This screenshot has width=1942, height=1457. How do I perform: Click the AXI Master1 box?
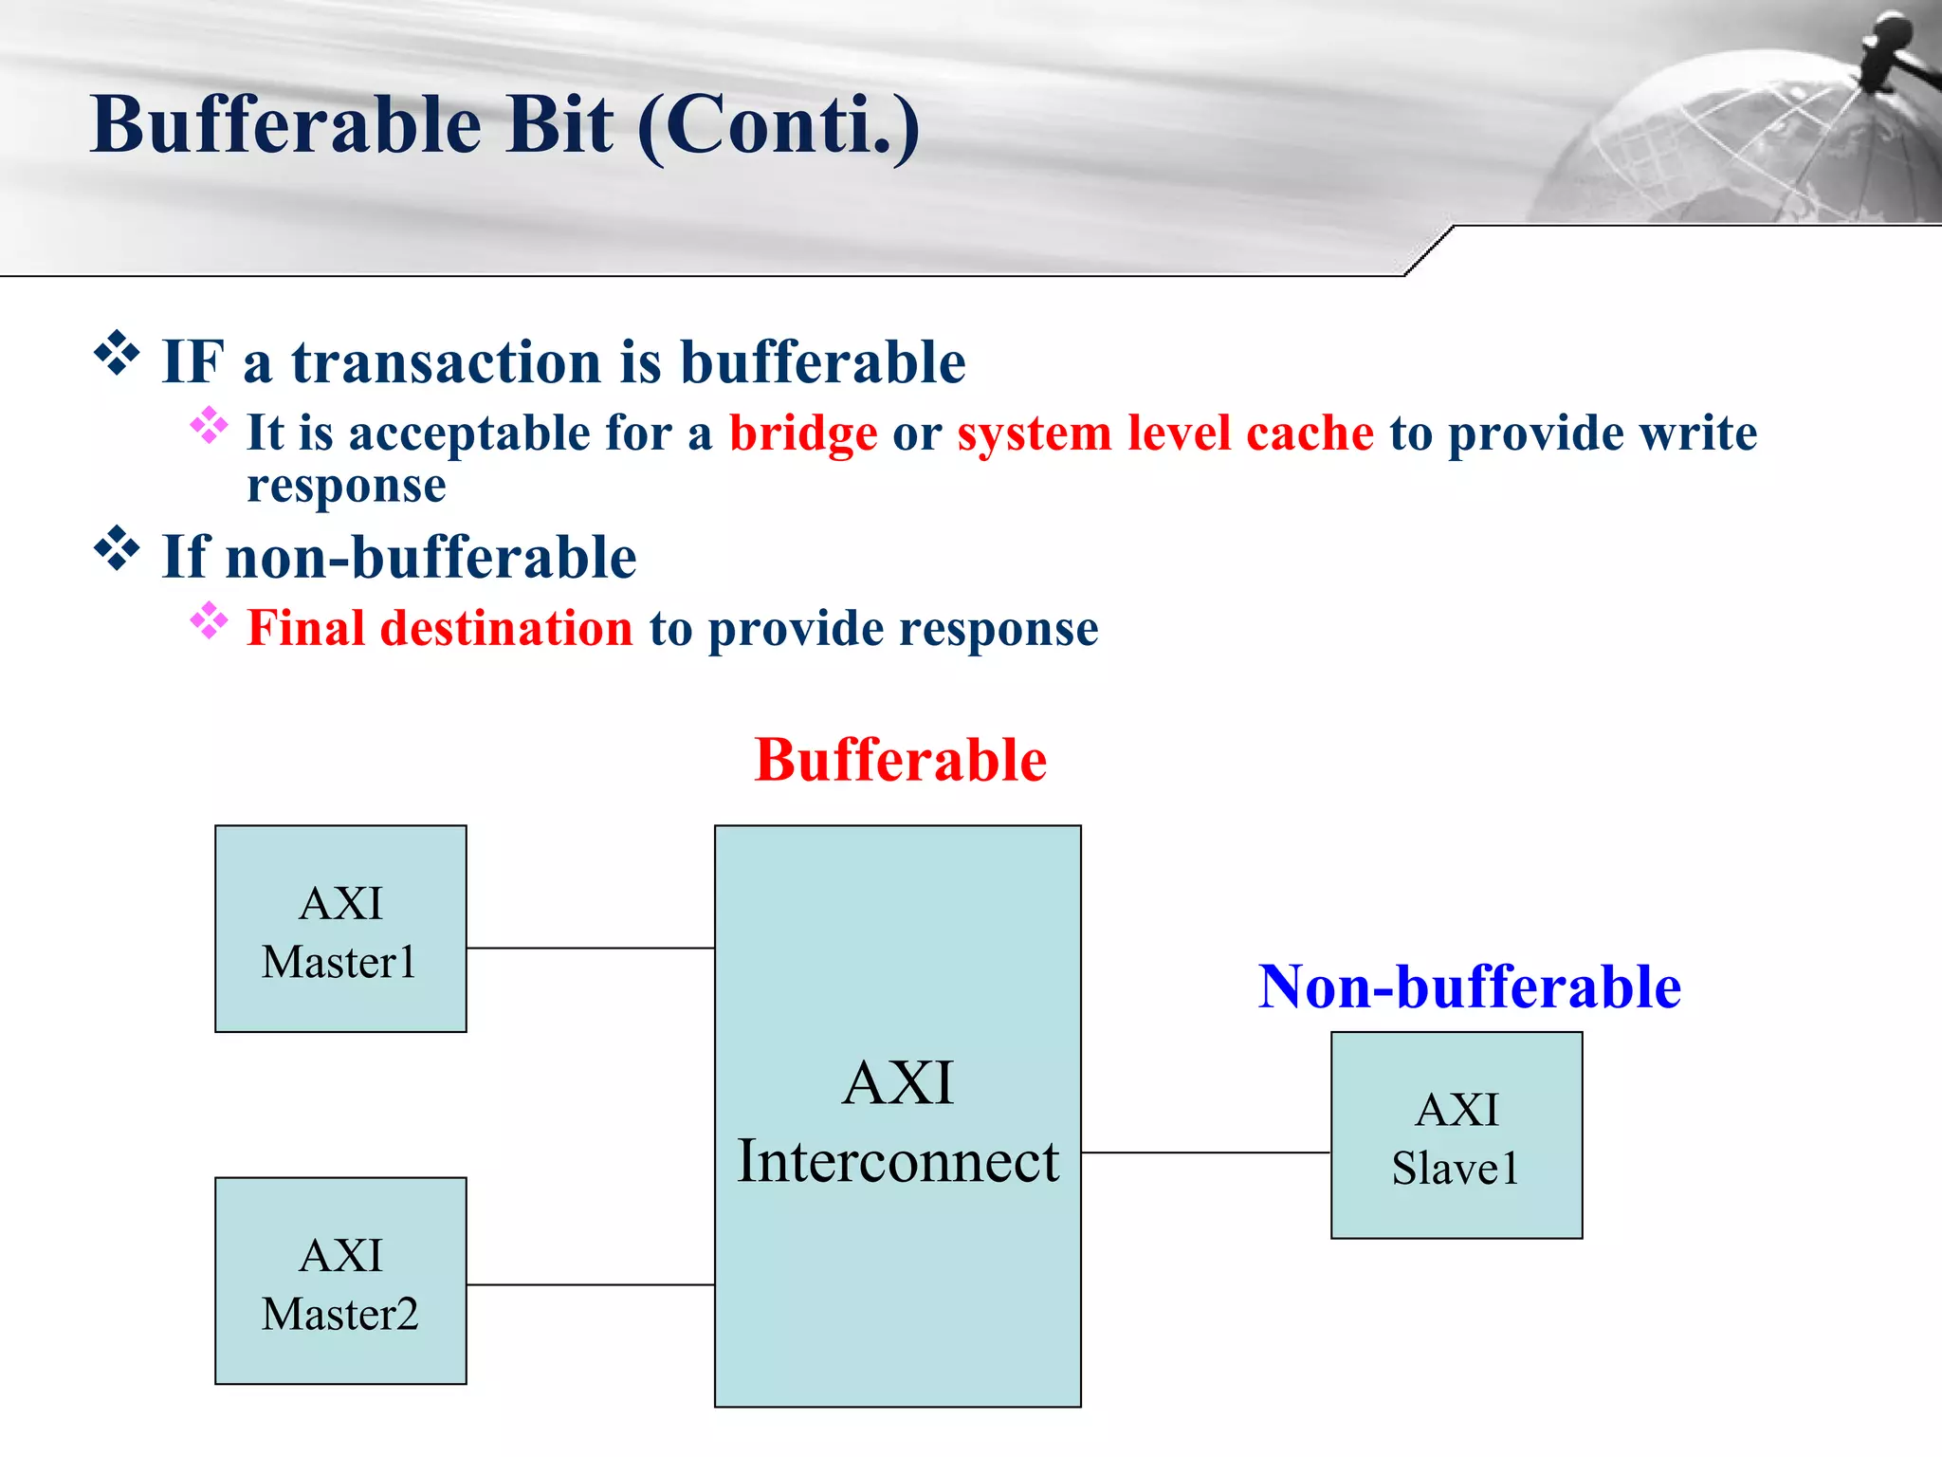[340, 929]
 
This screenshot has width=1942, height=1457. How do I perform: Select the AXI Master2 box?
[340, 1281]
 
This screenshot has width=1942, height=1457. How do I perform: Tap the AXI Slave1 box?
[1456, 1135]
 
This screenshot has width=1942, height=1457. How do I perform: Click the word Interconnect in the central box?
[898, 1161]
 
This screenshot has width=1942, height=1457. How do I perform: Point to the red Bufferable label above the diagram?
[900, 760]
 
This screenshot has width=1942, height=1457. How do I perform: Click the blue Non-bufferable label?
[1469, 987]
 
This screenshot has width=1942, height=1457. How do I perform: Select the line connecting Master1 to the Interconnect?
[590, 948]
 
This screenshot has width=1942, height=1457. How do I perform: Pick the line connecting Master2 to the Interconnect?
[590, 1284]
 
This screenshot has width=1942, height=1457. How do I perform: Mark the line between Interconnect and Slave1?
[1205, 1153]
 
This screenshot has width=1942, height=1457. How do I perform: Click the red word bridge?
[803, 433]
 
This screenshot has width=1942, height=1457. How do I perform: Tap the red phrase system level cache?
[1165, 433]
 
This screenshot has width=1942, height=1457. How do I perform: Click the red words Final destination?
[440, 628]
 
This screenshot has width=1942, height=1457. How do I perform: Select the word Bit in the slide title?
[559, 125]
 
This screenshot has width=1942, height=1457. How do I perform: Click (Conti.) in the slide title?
[779, 127]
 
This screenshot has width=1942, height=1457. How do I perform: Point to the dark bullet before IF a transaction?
[117, 354]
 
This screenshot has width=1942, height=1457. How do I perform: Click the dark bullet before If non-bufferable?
[117, 548]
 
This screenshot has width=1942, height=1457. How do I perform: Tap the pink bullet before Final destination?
[209, 621]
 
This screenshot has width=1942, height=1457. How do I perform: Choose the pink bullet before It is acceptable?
[209, 426]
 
